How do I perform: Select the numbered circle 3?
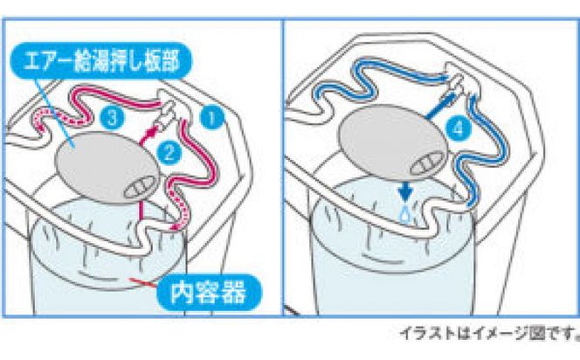click(109, 115)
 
